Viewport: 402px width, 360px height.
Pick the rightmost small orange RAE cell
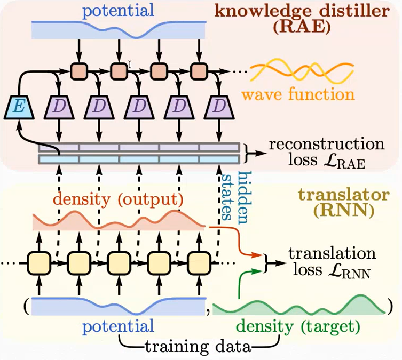click(x=199, y=70)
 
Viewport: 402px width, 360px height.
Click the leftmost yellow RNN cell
click(x=40, y=263)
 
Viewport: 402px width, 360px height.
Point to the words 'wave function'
click(x=297, y=95)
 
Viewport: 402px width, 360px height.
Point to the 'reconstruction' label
click(x=326, y=145)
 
